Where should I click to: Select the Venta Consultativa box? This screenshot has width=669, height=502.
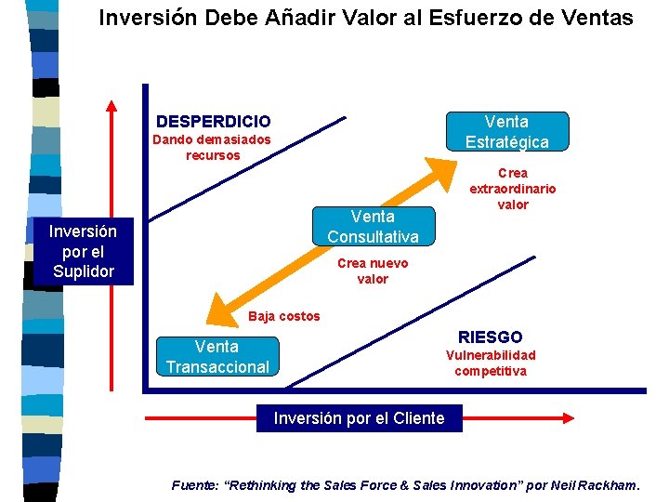tap(373, 226)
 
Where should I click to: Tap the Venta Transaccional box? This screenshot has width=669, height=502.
tap(217, 357)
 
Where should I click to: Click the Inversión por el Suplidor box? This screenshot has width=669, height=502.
tap(84, 251)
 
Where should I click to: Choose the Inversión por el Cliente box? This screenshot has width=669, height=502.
tap(359, 418)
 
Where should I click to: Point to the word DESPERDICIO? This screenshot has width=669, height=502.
tap(214, 122)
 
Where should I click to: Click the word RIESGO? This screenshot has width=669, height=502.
tap(491, 337)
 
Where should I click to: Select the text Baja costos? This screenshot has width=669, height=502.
tap(284, 316)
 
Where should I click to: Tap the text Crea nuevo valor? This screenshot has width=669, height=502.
tap(373, 271)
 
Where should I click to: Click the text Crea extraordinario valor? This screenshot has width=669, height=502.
tap(513, 189)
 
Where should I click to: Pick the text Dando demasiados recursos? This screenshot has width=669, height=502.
tap(213, 147)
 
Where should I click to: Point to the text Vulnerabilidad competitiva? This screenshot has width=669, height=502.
tap(491, 363)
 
